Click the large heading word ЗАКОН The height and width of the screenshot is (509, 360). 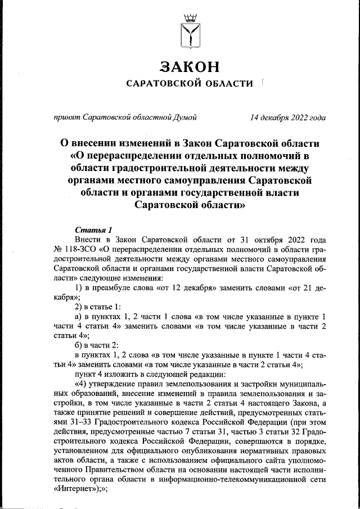pos(189,66)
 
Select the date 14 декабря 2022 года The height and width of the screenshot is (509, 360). pos(288,118)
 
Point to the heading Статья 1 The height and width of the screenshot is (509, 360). pos(93,229)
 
